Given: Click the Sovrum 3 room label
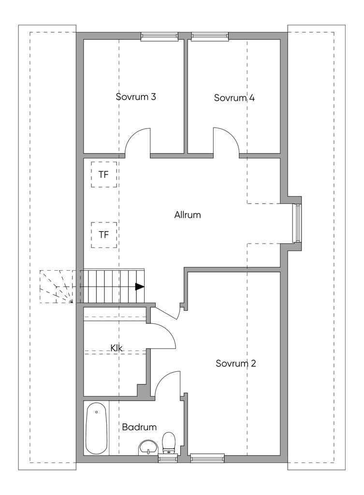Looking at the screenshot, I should [136, 97].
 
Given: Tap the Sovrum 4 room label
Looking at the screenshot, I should [234, 98].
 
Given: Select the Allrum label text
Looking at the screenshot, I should [188, 215].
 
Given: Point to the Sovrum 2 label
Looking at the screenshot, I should [236, 364].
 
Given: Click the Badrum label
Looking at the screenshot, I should [139, 427].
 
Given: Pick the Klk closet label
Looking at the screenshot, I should [116, 348].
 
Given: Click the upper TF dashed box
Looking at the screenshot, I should [104, 175].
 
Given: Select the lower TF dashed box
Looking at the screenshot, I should [104, 235].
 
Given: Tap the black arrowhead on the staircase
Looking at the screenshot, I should [140, 286].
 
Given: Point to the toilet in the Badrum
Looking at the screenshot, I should [169, 442].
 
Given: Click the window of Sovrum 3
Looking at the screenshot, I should [159, 36].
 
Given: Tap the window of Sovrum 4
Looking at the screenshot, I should [210, 36].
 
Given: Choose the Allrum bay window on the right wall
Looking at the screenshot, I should [298, 223].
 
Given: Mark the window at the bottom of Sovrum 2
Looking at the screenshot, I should [207, 458].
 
